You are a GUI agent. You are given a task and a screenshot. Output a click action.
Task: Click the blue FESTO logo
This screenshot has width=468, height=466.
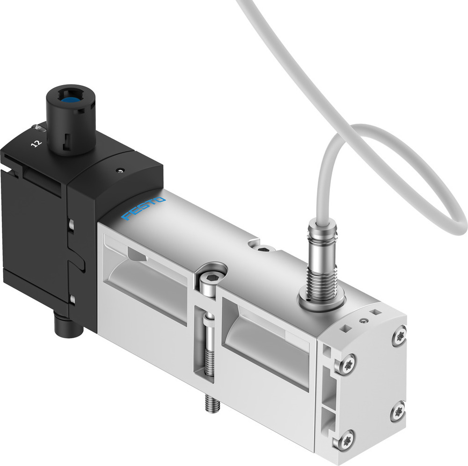(x=143, y=208)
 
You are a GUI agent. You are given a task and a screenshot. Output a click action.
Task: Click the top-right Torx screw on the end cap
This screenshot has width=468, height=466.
(x=399, y=336)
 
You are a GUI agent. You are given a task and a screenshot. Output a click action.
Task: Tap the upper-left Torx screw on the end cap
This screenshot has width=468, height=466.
(x=347, y=365)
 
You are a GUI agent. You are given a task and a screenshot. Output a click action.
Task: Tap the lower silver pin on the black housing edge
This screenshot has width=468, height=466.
(x=72, y=298)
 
